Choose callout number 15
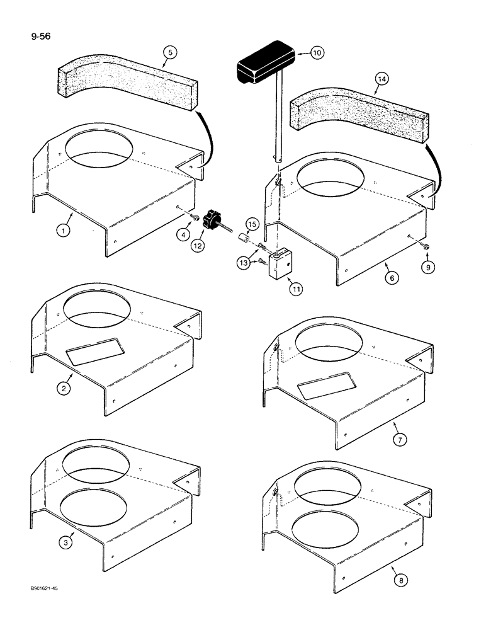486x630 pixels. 252,224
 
